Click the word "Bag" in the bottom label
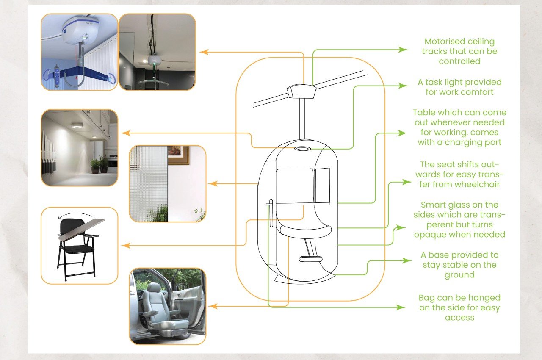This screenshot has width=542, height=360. pos(427,298)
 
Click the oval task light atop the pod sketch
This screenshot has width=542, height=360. pos(301,149)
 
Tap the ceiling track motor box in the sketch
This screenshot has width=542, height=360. pos(301,91)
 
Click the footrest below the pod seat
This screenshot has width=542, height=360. pos(310,258)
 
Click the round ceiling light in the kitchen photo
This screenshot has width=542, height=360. pos(76,125)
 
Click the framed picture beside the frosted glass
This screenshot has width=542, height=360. pos(178,155)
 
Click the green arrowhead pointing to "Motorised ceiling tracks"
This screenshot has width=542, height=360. pos(404,50)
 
